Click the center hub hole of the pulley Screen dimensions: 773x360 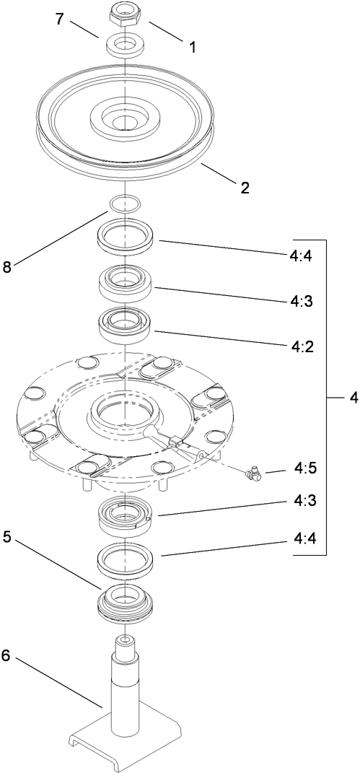click(125, 118)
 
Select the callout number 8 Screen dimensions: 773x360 click(8, 266)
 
